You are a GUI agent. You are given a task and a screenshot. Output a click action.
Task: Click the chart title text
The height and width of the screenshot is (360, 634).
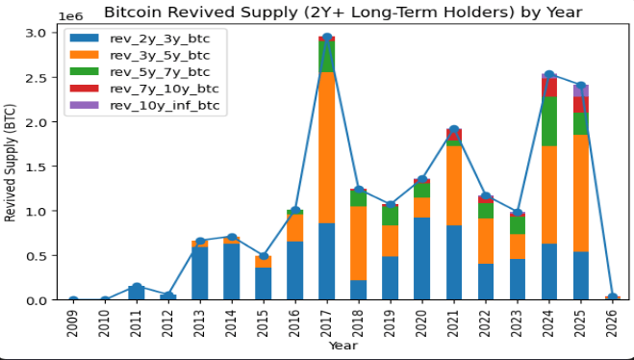[342, 13]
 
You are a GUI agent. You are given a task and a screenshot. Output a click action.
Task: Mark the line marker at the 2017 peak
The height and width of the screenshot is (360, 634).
[327, 38]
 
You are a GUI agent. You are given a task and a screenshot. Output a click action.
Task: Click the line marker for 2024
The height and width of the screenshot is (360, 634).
[549, 75]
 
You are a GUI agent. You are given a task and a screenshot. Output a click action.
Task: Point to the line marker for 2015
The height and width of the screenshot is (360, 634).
[264, 256]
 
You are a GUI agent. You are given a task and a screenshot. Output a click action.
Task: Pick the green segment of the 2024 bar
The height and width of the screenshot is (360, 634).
[549, 120]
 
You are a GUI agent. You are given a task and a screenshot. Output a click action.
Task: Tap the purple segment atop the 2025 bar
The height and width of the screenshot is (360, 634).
[581, 90]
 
